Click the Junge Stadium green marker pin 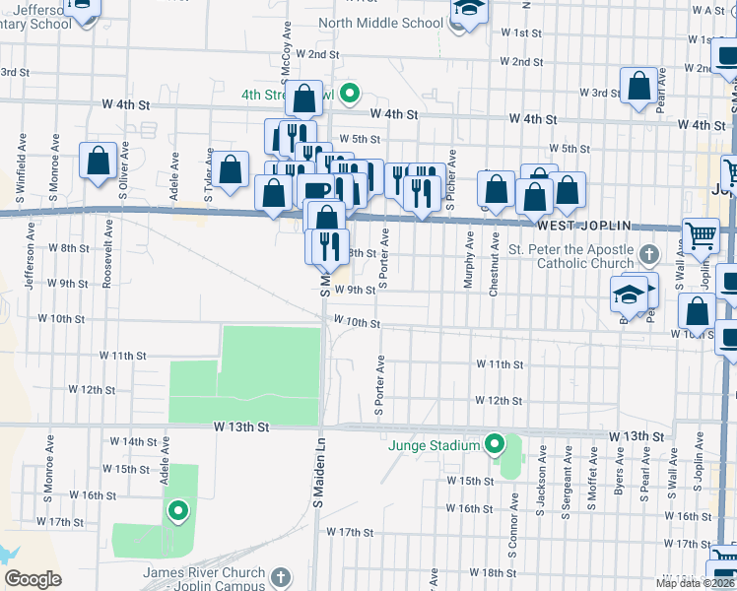(x=495, y=445)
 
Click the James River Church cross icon (x=280, y=575)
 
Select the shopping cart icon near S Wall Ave (x=700, y=236)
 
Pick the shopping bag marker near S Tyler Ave (x=232, y=169)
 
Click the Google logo (x=33, y=579)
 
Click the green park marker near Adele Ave (x=178, y=510)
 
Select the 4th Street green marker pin (x=348, y=96)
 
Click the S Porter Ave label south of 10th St (x=378, y=385)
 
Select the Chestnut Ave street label (x=494, y=264)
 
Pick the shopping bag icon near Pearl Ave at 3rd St (x=638, y=86)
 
